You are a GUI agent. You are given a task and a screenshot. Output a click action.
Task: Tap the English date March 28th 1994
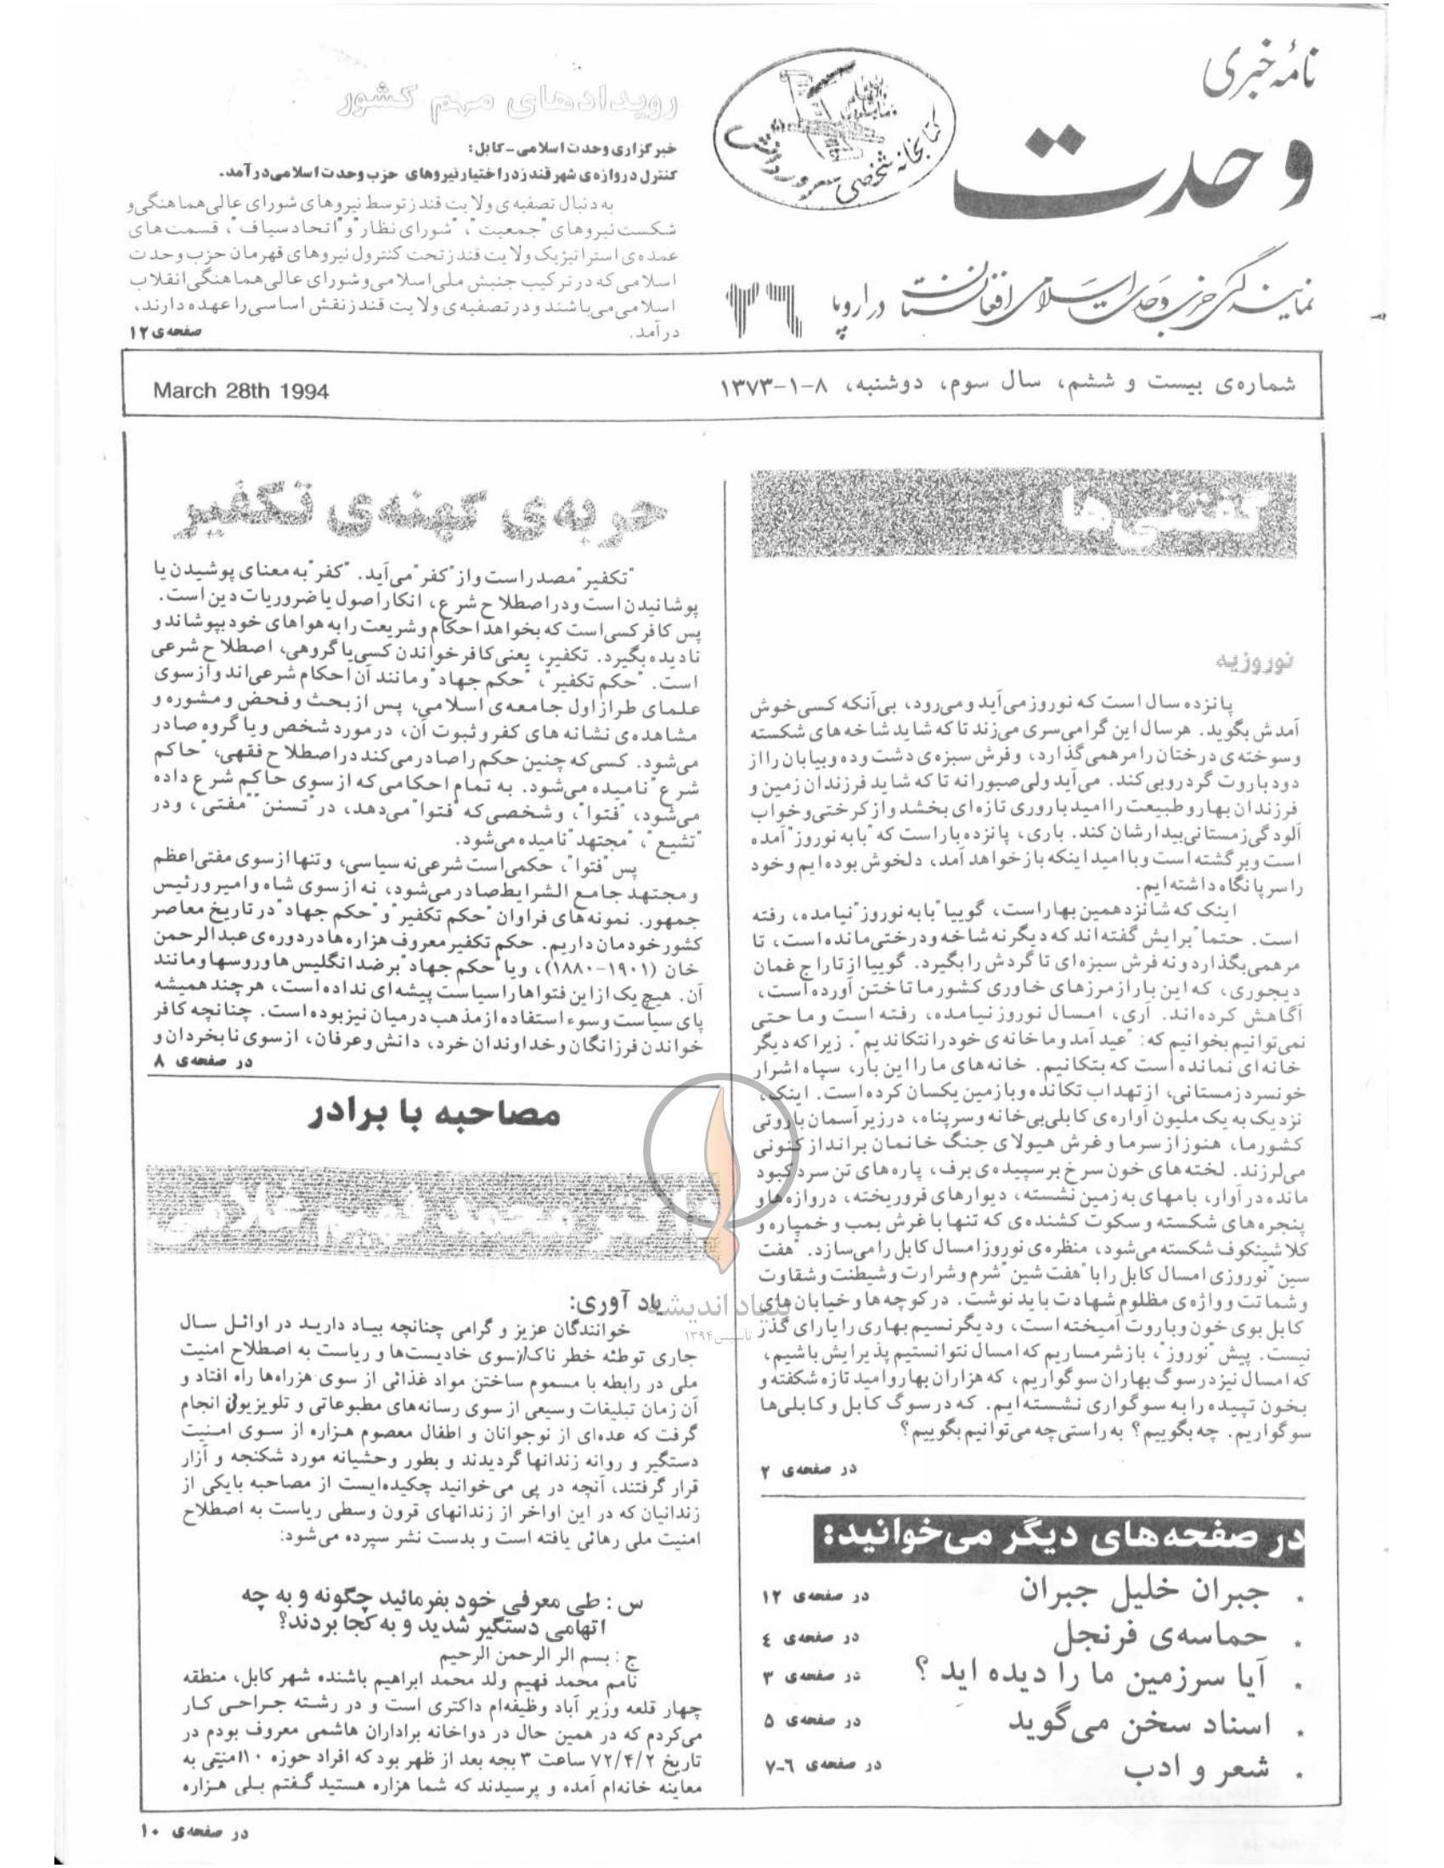click(241, 391)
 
